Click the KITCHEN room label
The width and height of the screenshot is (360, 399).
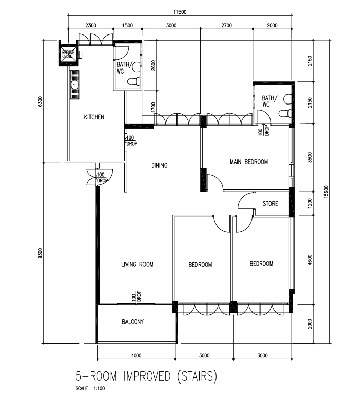[x=94, y=117]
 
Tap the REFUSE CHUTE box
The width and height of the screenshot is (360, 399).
[x=68, y=55]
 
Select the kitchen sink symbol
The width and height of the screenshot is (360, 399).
[x=75, y=85]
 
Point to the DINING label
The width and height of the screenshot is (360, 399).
[x=159, y=166]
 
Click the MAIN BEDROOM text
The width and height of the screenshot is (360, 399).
[x=249, y=162]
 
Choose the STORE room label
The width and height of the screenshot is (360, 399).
[x=270, y=204]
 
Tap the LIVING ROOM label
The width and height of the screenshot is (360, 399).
[x=137, y=265]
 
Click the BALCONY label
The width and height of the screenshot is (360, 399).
[x=133, y=322]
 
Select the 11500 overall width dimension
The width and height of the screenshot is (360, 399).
[x=180, y=12]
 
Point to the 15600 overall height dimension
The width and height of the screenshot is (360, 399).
[x=326, y=192]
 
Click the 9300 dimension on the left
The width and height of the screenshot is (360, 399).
[x=40, y=253]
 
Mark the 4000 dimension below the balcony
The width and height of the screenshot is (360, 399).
[x=136, y=355]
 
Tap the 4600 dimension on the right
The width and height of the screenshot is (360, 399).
[x=310, y=260]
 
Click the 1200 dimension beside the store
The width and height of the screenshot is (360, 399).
[x=310, y=203]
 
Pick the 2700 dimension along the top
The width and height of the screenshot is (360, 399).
[x=226, y=25]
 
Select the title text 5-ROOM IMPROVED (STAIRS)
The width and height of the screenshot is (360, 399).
[x=147, y=377]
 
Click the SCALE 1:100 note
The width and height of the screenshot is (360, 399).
[x=90, y=389]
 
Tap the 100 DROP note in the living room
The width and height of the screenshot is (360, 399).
[x=136, y=297]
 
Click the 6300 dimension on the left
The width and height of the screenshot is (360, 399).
[x=40, y=101]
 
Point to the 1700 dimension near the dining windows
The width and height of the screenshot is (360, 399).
[x=153, y=107]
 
